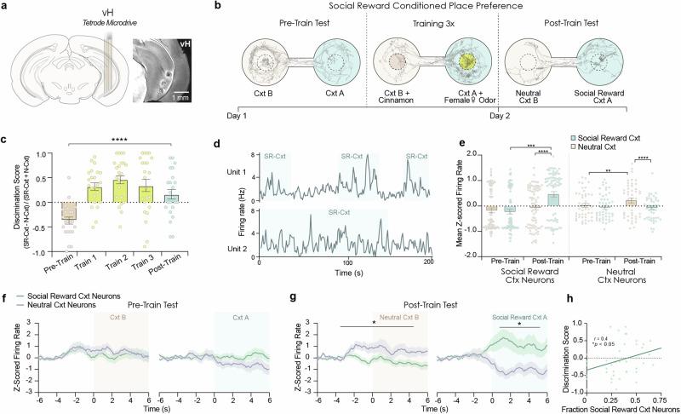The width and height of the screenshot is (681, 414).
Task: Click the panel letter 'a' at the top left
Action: (x=5, y=6)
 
